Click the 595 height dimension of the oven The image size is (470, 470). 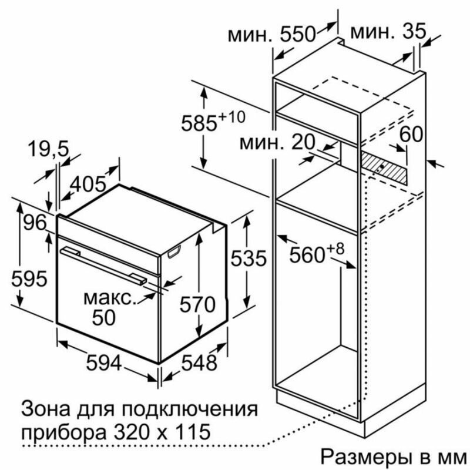pos(29,278)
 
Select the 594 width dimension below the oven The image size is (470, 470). pos(104,363)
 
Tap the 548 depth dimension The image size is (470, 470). pos(199,363)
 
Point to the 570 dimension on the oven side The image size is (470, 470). pos(197,305)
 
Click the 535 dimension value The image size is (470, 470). pos(249,258)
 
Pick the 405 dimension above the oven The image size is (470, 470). pos(88,184)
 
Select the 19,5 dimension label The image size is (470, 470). pos(49,149)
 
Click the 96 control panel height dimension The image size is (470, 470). pos(35,223)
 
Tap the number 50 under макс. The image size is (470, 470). pos(104,317)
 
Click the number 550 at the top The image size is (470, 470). pos(298,34)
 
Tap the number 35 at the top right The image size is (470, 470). pos(414,31)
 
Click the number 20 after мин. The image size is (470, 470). pos(303,142)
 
